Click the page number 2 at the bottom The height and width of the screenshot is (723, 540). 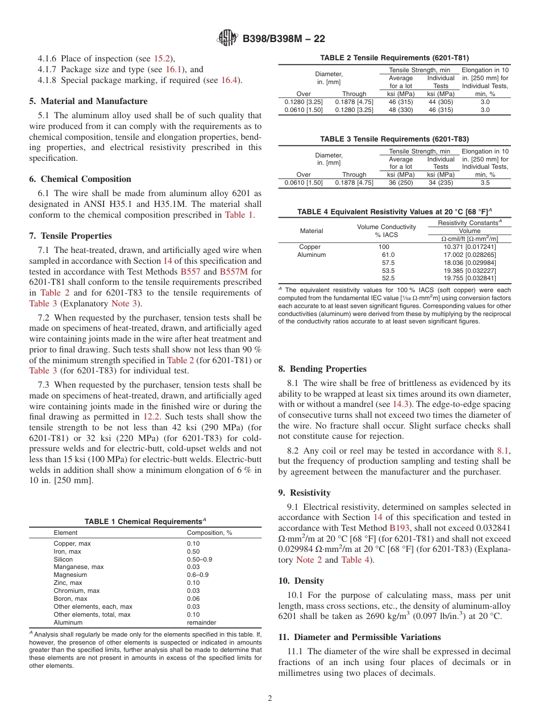[270, 699]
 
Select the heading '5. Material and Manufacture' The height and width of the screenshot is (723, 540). [88, 101]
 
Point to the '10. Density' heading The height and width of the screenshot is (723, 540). [301, 581]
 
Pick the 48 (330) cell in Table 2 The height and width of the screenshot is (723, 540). [401, 110]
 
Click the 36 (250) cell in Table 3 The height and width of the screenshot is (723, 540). [401, 182]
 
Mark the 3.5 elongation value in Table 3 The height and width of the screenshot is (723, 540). [485, 182]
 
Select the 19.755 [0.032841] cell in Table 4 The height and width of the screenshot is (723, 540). [470, 278]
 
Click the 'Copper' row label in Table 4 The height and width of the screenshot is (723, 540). [310, 247]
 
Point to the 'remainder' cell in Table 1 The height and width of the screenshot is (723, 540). [201, 622]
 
